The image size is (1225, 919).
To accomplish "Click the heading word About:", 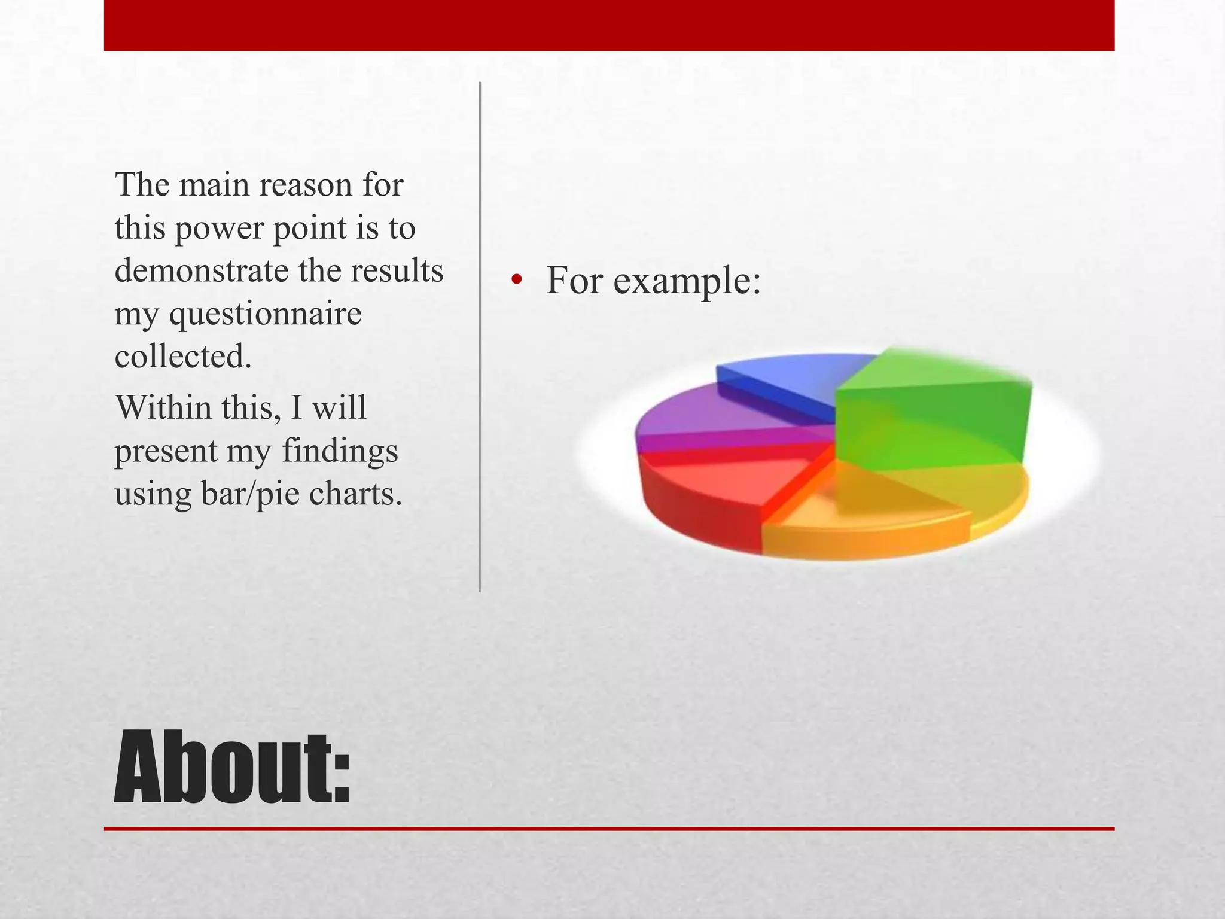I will click(232, 768).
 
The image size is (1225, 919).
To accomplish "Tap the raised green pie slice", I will click(933, 413).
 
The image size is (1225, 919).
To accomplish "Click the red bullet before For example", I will click(516, 280).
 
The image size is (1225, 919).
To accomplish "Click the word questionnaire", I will click(265, 314).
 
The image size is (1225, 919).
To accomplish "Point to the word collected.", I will click(183, 357).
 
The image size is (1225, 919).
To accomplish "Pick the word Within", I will click(163, 408).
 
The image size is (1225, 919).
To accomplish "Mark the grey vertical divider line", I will click(480, 335).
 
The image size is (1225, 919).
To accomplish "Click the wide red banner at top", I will click(609, 25).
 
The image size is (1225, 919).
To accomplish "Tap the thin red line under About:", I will click(609, 829).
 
